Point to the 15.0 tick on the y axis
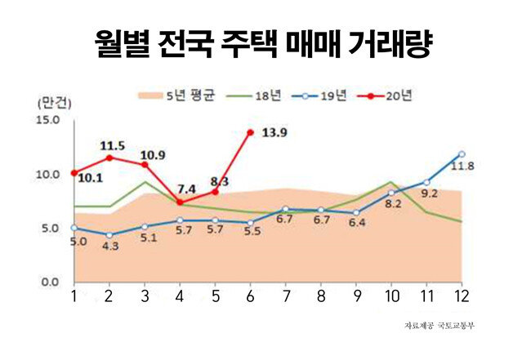48,121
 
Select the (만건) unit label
54,104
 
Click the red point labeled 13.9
250,132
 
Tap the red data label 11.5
112,146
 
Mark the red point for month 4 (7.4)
180,202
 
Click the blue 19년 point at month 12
462,153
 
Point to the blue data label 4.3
109,247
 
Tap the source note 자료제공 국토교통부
440,327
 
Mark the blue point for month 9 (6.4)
355,212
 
